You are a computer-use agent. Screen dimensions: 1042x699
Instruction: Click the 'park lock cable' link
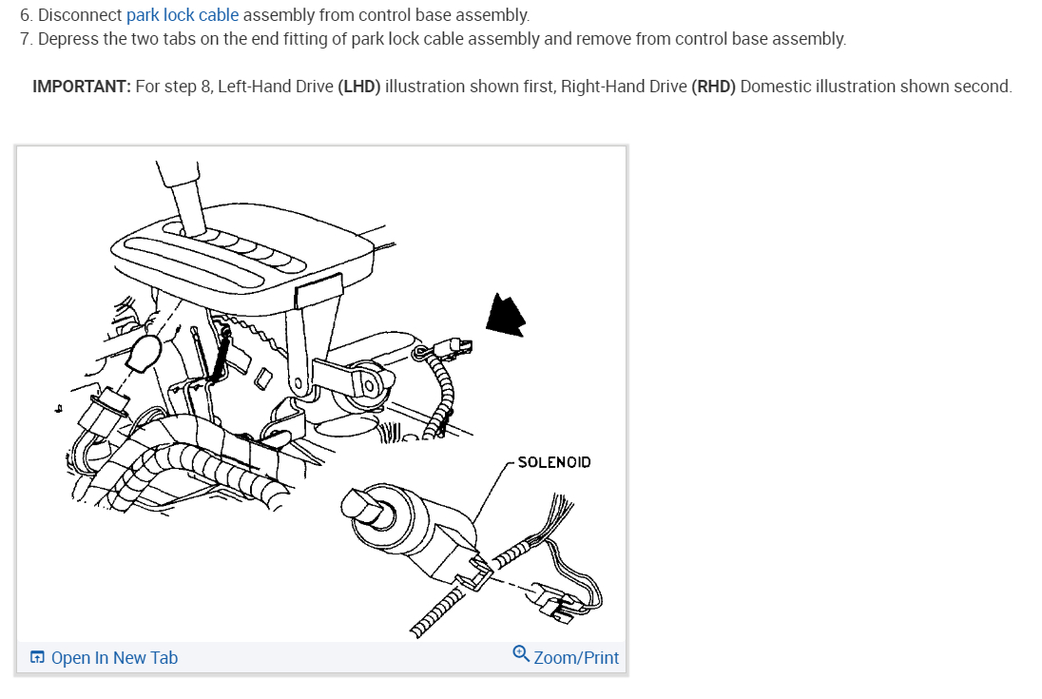pyautogui.click(x=183, y=14)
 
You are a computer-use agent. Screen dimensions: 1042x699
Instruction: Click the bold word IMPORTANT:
pyautogui.click(x=82, y=87)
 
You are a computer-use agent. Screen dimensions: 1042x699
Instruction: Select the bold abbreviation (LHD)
pyautogui.click(x=358, y=87)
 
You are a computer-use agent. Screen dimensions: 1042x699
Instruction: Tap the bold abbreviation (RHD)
pyautogui.click(x=713, y=87)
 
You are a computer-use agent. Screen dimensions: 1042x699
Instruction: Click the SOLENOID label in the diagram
pyautogui.click(x=554, y=462)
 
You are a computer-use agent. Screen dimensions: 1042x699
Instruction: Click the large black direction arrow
pyautogui.click(x=505, y=314)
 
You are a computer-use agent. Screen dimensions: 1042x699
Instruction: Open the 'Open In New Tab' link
pyautogui.click(x=114, y=658)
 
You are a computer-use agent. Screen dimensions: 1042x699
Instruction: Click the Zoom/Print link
pyautogui.click(x=576, y=658)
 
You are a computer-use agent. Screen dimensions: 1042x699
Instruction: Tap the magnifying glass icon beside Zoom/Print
pyautogui.click(x=521, y=653)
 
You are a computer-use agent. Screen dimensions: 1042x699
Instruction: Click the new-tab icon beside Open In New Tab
pyautogui.click(x=37, y=657)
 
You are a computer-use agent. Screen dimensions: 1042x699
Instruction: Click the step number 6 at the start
pyautogui.click(x=27, y=14)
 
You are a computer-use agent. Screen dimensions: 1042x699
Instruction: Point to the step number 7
pyautogui.click(x=27, y=39)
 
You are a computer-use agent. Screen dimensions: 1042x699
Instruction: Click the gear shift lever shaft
pyautogui.click(x=183, y=196)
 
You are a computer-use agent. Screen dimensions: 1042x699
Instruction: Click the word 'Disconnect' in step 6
pyautogui.click(x=80, y=14)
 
